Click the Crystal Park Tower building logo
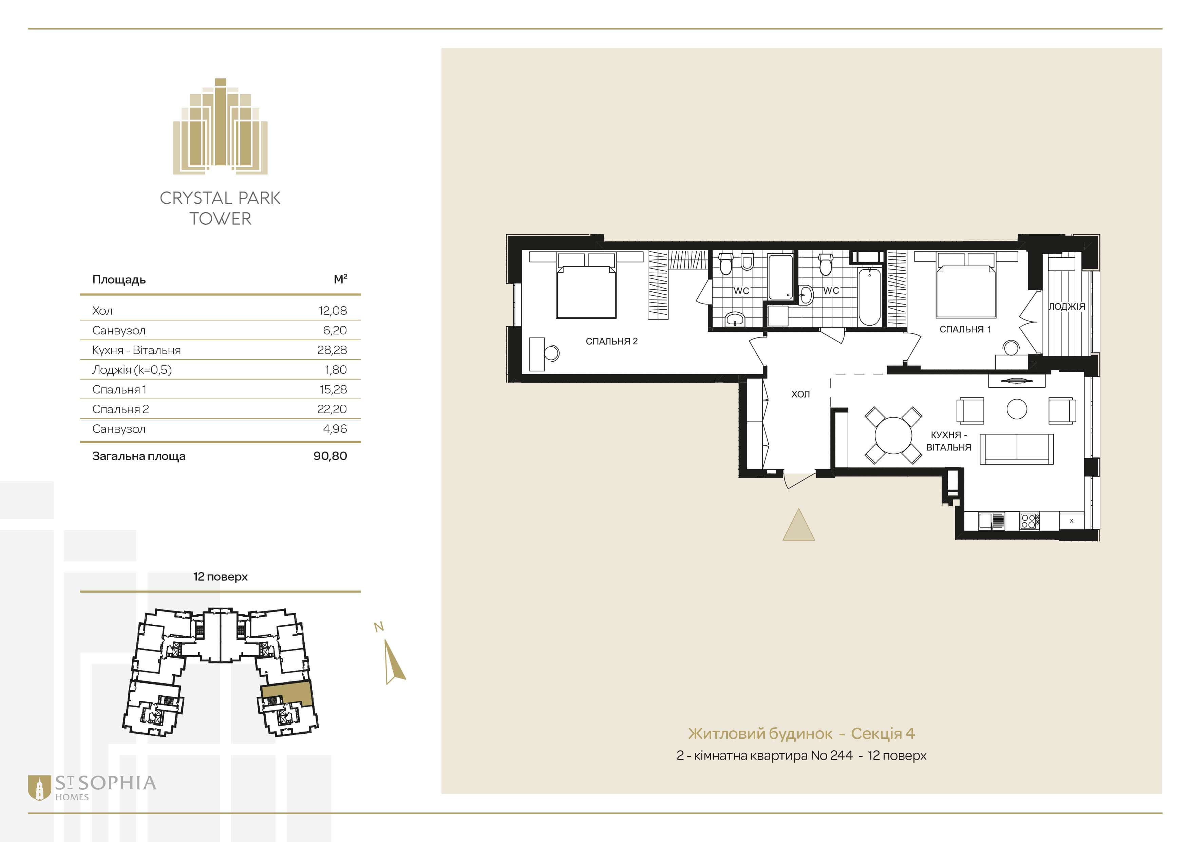[x=220, y=126]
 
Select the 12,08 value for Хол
[x=332, y=311]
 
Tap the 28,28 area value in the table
[x=332, y=350]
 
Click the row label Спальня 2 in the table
[x=120, y=409]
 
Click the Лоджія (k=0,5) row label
[x=132, y=370]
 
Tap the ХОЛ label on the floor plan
[x=800, y=394]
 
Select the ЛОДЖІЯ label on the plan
[x=1066, y=307]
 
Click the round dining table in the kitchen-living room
[x=893, y=435]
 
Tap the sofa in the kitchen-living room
[x=1016, y=449]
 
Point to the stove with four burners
[x=1029, y=521]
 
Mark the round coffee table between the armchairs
[x=1017, y=409]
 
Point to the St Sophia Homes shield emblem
[x=39, y=788]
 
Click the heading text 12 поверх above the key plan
[x=220, y=576]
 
